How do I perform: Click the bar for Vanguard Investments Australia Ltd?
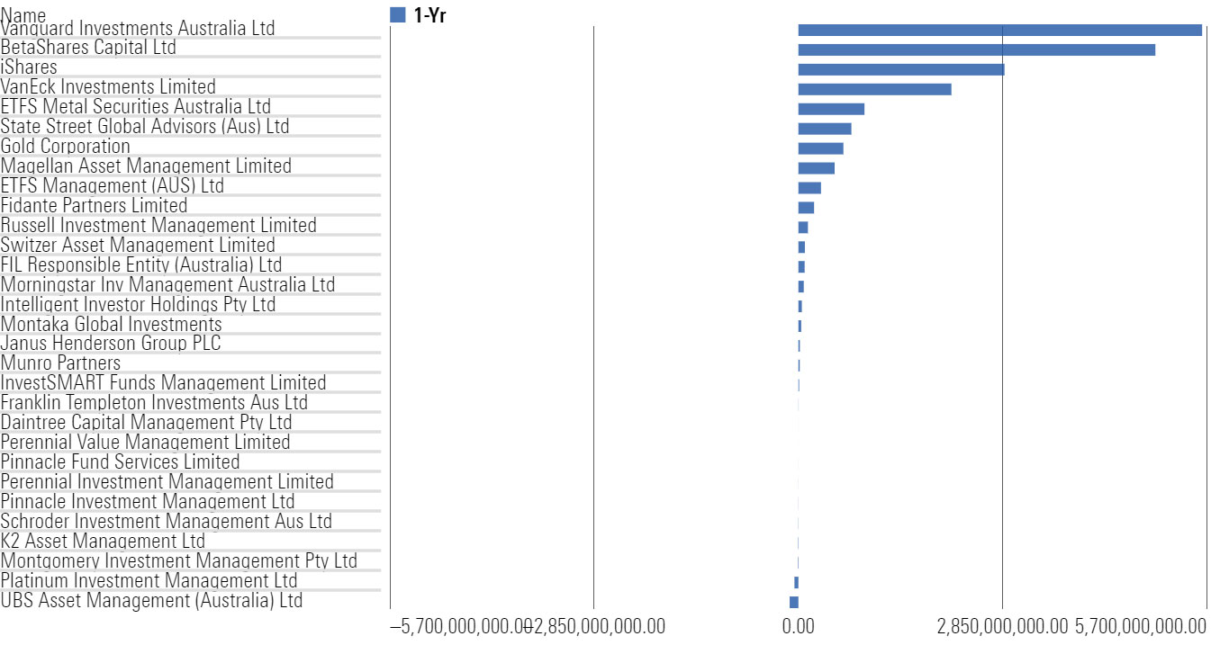[999, 30]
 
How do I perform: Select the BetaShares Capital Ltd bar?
[976, 49]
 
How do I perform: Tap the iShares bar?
[900, 69]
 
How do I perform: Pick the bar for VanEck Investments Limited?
[874, 89]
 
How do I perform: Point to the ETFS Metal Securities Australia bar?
[831, 109]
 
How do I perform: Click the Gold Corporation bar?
[820, 148]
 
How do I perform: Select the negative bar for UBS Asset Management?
[793, 603]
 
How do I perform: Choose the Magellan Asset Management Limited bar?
[816, 168]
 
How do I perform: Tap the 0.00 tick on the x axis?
[798, 625]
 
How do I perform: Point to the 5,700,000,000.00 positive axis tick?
[1141, 625]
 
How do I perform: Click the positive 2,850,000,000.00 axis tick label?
[1002, 625]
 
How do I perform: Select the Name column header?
[23, 15]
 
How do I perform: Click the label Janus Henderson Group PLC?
[111, 344]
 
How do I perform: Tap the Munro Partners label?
[60, 363]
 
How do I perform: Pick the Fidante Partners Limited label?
[94, 205]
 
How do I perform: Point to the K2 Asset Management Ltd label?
[103, 542]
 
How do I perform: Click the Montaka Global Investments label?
[111, 324]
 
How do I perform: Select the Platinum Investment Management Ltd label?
[149, 581]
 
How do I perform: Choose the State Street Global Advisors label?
[145, 126]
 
